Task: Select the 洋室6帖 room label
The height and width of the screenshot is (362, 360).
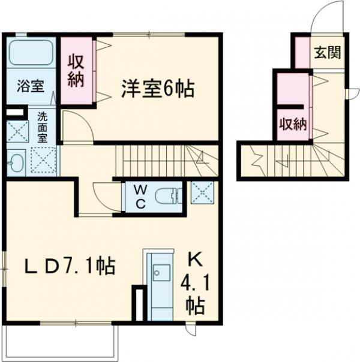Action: [157, 89]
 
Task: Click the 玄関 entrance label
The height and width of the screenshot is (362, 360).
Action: [326, 53]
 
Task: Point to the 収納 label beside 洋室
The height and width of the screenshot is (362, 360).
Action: [76, 71]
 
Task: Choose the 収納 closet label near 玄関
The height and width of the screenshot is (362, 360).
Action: [292, 124]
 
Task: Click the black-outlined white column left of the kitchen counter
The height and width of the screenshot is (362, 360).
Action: [139, 303]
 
